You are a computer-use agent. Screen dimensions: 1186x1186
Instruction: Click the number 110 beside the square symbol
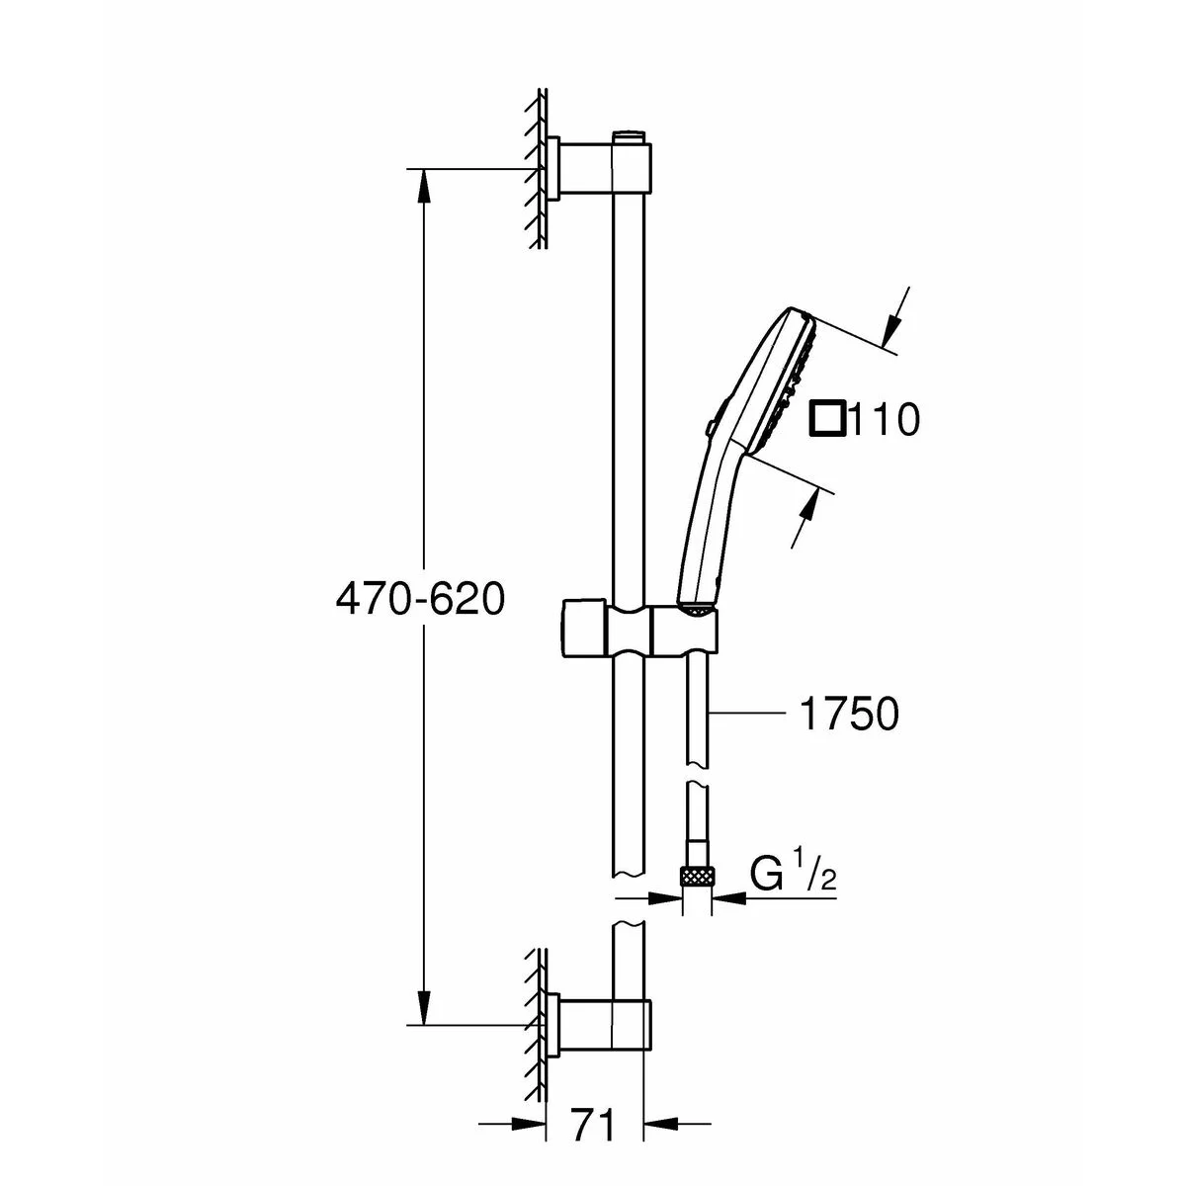pos(885,421)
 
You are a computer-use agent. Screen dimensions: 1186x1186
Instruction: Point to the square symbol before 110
pos(827,419)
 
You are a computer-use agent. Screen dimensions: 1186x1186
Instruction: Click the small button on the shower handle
pos(710,427)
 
